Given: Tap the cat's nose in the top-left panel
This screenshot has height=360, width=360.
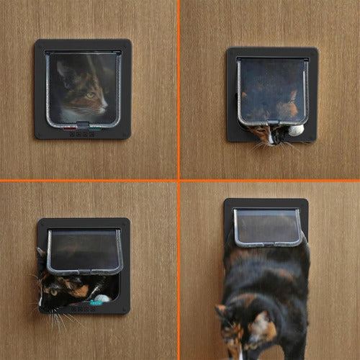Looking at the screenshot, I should tap(104, 108).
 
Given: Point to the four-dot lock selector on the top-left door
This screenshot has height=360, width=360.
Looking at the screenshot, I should tap(82, 134).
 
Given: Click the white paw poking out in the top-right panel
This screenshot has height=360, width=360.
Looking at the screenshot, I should tap(295, 130).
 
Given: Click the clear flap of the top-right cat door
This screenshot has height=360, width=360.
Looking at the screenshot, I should tap(273, 90).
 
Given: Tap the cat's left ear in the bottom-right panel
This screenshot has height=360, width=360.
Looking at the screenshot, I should tap(220, 311).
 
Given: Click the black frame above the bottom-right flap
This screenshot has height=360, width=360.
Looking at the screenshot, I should tap(266, 204).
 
